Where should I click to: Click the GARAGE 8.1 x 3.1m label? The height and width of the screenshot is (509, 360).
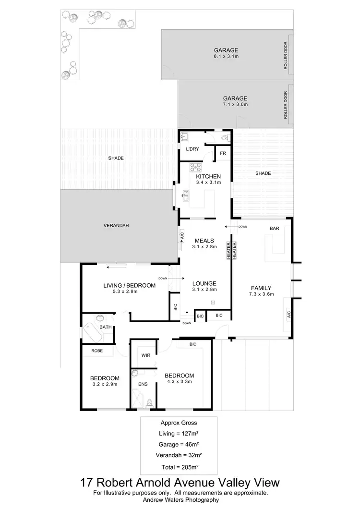pyautogui.click(x=226, y=53)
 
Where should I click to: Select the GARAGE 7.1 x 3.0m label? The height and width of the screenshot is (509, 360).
pyautogui.click(x=235, y=101)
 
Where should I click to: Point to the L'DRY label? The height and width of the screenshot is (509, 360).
pyautogui.click(x=192, y=149)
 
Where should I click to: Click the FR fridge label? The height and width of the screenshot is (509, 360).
pyautogui.click(x=223, y=153)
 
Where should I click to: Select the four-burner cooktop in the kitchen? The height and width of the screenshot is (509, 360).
pyautogui.click(x=195, y=168)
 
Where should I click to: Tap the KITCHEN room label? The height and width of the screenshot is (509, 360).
pyautogui.click(x=208, y=179)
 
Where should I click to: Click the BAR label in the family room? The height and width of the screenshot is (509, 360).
pyautogui.click(x=274, y=229)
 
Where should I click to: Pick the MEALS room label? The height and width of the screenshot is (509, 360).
pyautogui.click(x=204, y=243)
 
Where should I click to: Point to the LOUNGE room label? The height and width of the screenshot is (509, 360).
pyautogui.click(x=204, y=286)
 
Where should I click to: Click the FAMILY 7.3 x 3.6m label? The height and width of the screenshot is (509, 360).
pyautogui.click(x=261, y=291)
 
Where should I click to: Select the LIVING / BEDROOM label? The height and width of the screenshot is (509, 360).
pyautogui.click(x=130, y=289)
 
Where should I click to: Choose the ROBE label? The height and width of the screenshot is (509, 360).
pyautogui.click(x=96, y=351)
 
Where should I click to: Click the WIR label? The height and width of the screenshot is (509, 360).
pyautogui.click(x=146, y=356)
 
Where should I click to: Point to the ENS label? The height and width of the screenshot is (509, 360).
pyautogui.click(x=143, y=384)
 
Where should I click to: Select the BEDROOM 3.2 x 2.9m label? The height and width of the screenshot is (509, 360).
pyautogui.click(x=105, y=381)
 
